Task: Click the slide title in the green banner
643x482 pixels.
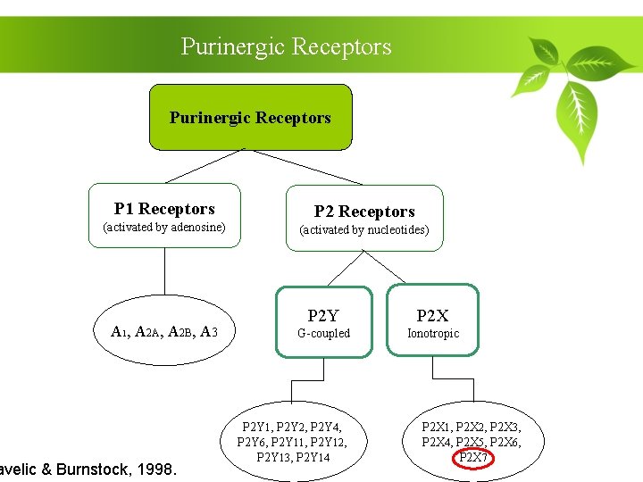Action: coord(286,46)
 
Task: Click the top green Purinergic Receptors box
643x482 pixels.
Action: coord(250,117)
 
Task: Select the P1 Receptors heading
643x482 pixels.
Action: coord(164,209)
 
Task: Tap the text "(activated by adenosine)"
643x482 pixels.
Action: coord(164,228)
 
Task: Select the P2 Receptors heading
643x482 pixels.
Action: coord(364,212)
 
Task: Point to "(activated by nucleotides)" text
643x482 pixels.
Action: coord(364,230)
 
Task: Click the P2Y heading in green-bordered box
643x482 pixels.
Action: coord(323,316)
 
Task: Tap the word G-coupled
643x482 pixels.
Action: coord(323,334)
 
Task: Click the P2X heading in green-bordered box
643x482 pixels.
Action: coord(433,316)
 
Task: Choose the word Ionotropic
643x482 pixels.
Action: coord(433,334)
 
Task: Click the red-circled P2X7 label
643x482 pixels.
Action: coord(473,458)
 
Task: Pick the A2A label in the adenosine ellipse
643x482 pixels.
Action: coord(148,332)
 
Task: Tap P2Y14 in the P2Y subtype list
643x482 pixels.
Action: coord(313,458)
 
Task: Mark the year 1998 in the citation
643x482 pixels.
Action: coord(157,469)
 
